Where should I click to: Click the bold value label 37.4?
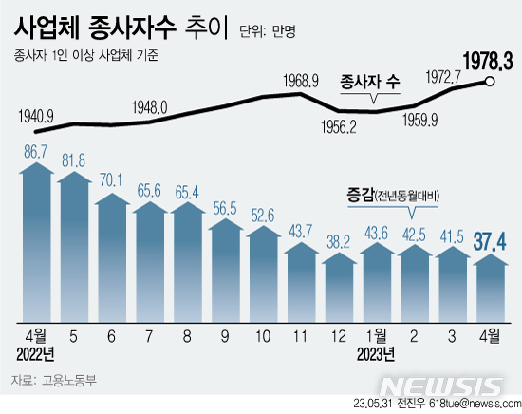coord(489,237)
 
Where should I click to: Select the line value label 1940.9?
coord(35,117)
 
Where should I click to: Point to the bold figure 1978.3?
coord(487,62)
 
